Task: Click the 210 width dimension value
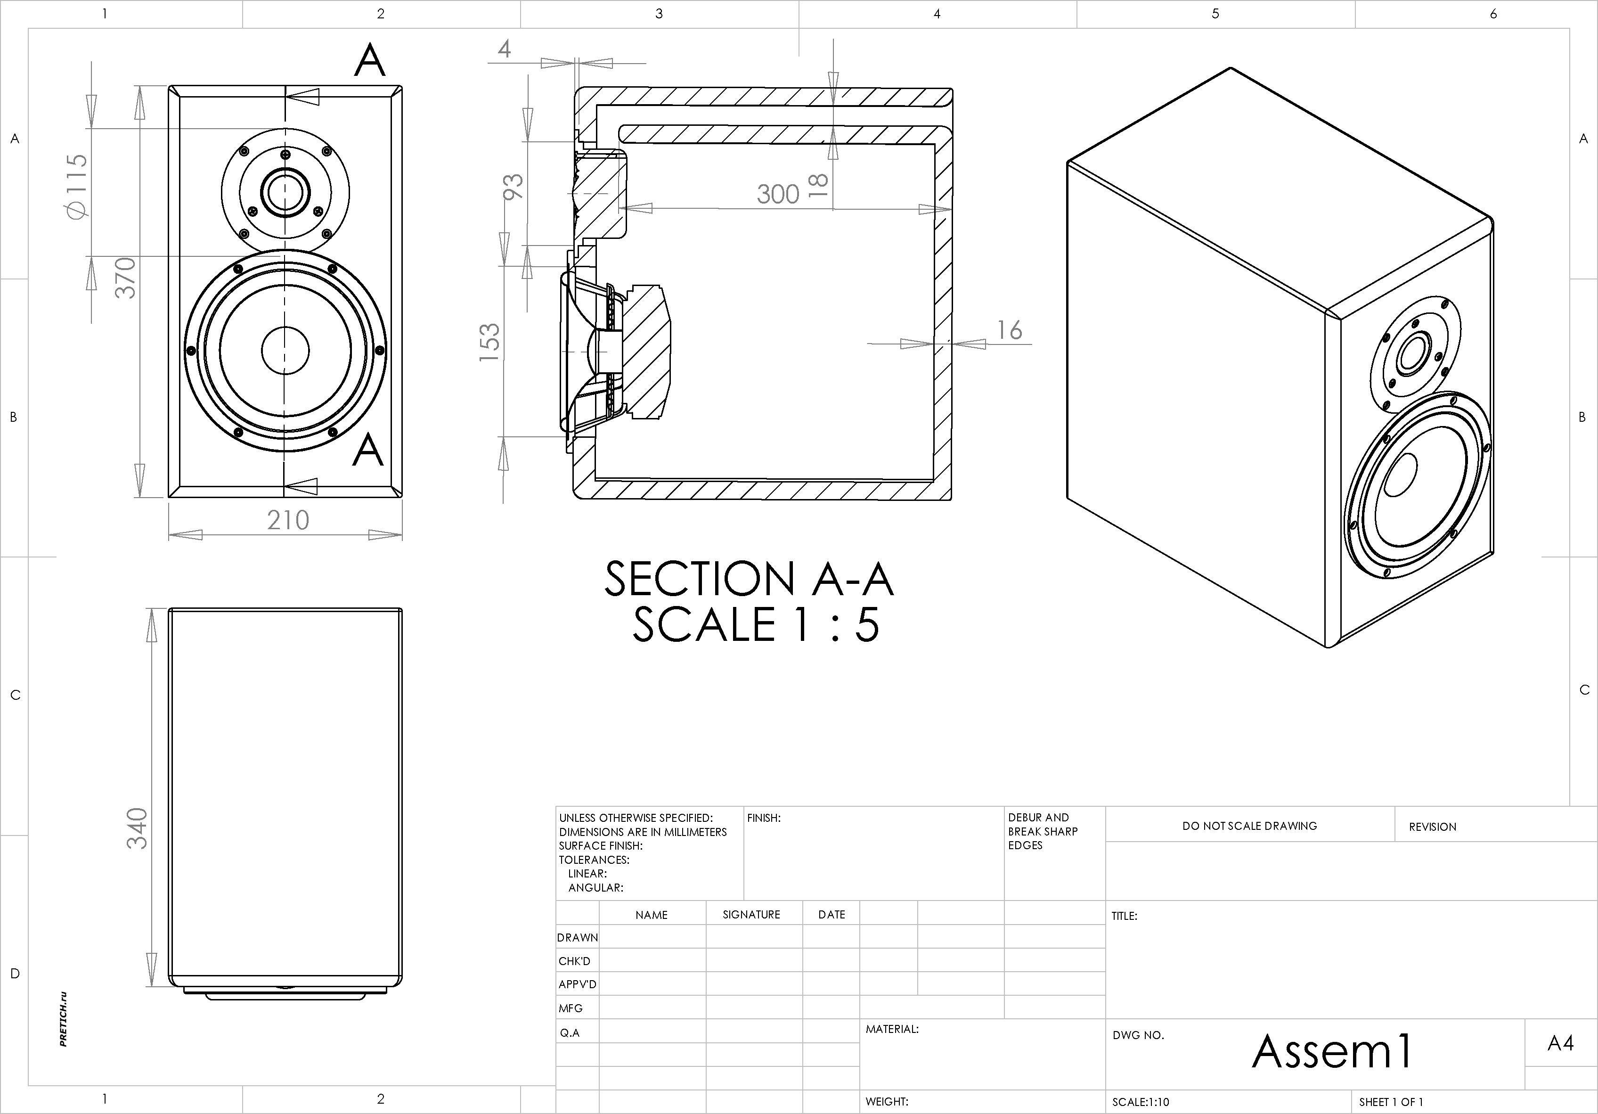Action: (288, 520)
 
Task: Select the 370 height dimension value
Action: (125, 278)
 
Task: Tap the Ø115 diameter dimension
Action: (77, 185)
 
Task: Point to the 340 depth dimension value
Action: (137, 828)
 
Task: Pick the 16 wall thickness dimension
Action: (1010, 330)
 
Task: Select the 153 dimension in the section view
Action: (489, 342)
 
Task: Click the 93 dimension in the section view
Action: (513, 187)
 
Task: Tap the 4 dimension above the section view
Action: (505, 49)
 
